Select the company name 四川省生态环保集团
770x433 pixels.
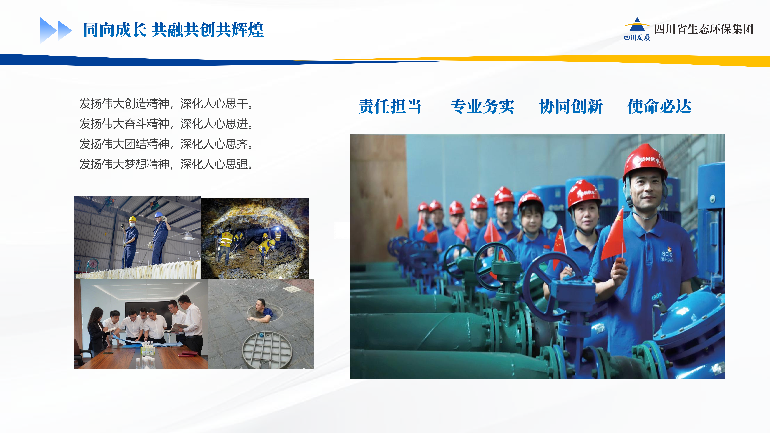click(x=704, y=29)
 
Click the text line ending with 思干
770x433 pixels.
click(x=166, y=104)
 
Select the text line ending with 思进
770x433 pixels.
click(x=166, y=124)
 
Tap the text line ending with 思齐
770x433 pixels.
click(x=166, y=144)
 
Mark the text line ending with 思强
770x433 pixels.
click(x=166, y=164)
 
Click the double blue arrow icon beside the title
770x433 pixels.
click(x=56, y=30)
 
